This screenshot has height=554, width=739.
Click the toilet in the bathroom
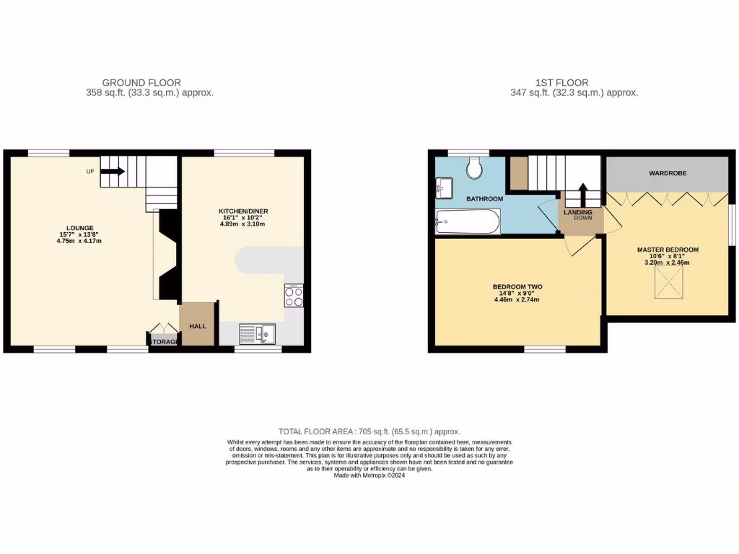[x=474, y=168]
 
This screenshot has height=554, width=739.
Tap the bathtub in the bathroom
[x=468, y=221]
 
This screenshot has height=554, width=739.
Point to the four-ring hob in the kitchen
[x=294, y=296]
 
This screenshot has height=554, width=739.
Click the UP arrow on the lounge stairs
[x=112, y=172]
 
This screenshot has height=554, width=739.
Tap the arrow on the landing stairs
[x=582, y=193]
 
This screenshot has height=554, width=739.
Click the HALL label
[x=197, y=326]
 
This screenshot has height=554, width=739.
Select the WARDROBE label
[x=667, y=174]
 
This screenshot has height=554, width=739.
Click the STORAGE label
[x=163, y=342]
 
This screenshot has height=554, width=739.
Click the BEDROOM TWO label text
[x=517, y=286]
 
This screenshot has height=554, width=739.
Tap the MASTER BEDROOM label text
[x=668, y=250]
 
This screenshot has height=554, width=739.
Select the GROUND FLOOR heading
[x=141, y=82]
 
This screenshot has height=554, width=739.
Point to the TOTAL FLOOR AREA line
[x=369, y=431]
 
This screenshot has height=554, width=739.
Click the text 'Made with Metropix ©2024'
[x=369, y=475]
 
